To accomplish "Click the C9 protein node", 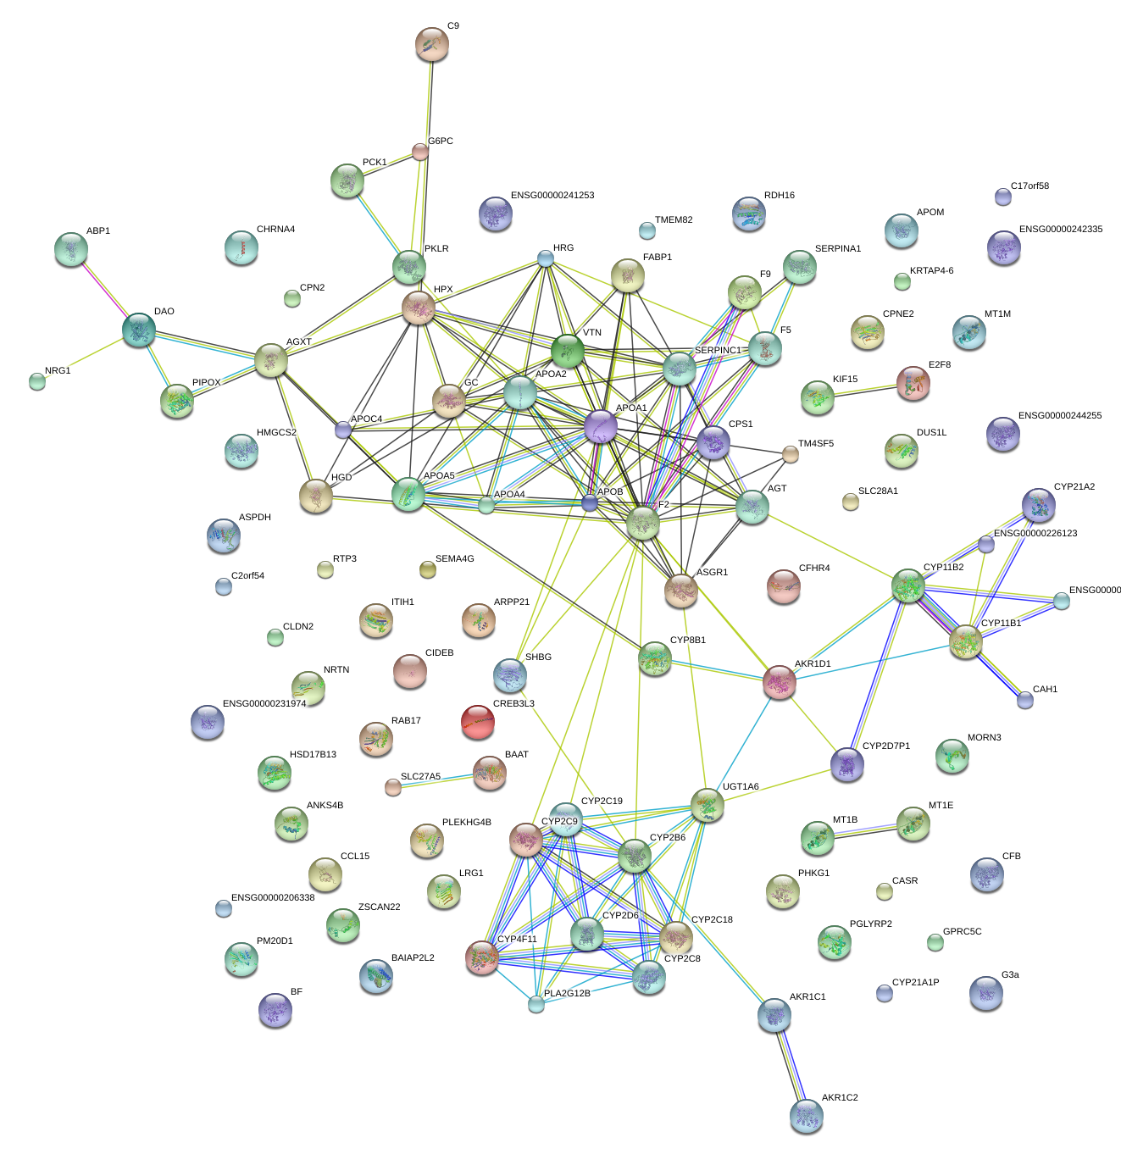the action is (x=432, y=44).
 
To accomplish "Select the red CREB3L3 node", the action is (x=477, y=722).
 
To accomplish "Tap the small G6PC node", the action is (x=420, y=152).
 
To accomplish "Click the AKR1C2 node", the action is (x=806, y=1116).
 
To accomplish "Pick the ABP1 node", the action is (x=70, y=248).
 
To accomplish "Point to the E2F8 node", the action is (x=913, y=383).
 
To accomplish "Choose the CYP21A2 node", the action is (x=1039, y=505).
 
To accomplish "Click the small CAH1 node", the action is (x=1025, y=700).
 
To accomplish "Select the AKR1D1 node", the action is (x=780, y=682).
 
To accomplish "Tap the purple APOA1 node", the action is (x=601, y=426).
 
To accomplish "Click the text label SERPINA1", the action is (x=837, y=249).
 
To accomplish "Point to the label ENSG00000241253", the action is (x=552, y=196).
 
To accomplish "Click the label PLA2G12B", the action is (x=567, y=993).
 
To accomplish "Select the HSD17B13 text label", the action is (x=313, y=755).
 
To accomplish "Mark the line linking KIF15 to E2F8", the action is (x=865, y=391).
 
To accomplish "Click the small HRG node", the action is (x=546, y=258).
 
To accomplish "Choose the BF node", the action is (x=275, y=1010).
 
